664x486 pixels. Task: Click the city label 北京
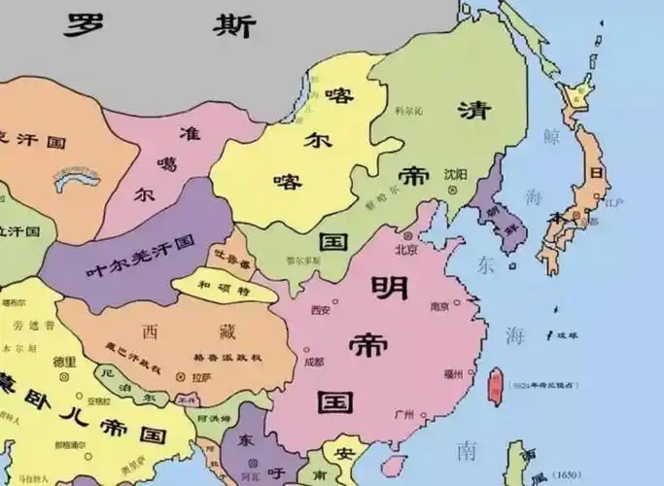tap(407, 248)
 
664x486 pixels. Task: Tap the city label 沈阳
tap(455, 175)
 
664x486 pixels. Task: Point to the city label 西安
tap(320, 310)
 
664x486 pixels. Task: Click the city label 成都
tap(313, 363)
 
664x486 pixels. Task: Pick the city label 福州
tap(453, 373)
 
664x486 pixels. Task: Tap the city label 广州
tap(404, 415)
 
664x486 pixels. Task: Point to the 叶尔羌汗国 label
tap(140, 249)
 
